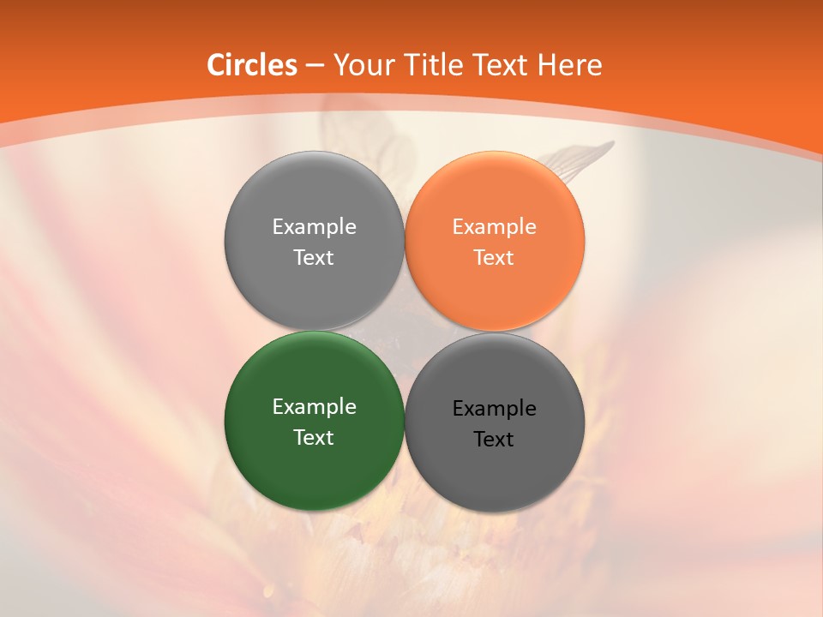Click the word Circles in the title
(252, 65)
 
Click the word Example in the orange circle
(495, 227)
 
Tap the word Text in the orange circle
(494, 258)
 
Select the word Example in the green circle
(314, 407)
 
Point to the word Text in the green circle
(314, 438)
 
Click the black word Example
(495, 409)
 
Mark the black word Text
(494, 440)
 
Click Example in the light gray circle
(314, 227)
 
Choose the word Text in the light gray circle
(314, 258)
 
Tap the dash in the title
(315, 66)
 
